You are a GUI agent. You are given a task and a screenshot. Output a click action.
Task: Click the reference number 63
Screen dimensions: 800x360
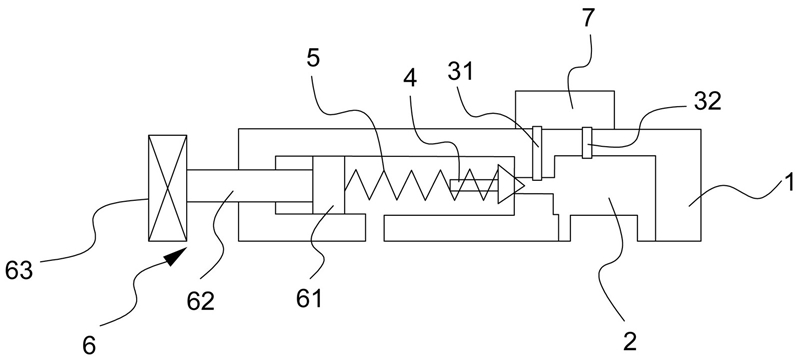[x=18, y=270]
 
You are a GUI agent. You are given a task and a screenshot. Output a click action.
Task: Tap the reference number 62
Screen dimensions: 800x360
[x=200, y=300]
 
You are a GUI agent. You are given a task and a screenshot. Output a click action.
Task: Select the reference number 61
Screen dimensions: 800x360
[x=309, y=298]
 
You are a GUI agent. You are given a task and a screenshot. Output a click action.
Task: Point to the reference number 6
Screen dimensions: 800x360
[x=89, y=346]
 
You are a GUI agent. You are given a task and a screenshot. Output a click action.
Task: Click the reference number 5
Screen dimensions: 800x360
[x=313, y=58]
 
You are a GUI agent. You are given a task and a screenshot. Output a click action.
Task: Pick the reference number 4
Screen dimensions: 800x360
[x=410, y=78]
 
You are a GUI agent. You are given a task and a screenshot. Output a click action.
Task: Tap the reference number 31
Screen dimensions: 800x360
[x=460, y=72]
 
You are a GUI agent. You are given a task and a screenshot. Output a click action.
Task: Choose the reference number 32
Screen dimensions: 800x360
[x=708, y=102]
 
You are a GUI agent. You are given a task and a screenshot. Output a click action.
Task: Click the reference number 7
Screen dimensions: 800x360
[x=588, y=18]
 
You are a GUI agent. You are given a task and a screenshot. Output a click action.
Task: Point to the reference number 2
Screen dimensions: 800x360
[x=630, y=341]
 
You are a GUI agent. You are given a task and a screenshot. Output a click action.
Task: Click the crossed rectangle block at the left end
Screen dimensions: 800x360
[x=167, y=188]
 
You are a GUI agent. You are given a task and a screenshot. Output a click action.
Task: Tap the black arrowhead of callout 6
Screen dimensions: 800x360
[x=176, y=255]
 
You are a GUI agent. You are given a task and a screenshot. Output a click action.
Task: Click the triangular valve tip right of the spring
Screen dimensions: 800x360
[x=511, y=185]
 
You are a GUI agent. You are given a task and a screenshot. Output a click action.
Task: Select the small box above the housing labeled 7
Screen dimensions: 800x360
[x=565, y=110]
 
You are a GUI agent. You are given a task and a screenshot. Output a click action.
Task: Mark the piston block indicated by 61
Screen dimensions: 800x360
[x=329, y=185]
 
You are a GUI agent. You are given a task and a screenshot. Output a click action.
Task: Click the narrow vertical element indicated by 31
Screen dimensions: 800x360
[x=537, y=153]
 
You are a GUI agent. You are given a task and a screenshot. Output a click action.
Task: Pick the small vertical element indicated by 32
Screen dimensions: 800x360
[x=587, y=143]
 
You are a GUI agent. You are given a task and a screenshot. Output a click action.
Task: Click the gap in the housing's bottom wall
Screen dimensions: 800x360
[x=374, y=228]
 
